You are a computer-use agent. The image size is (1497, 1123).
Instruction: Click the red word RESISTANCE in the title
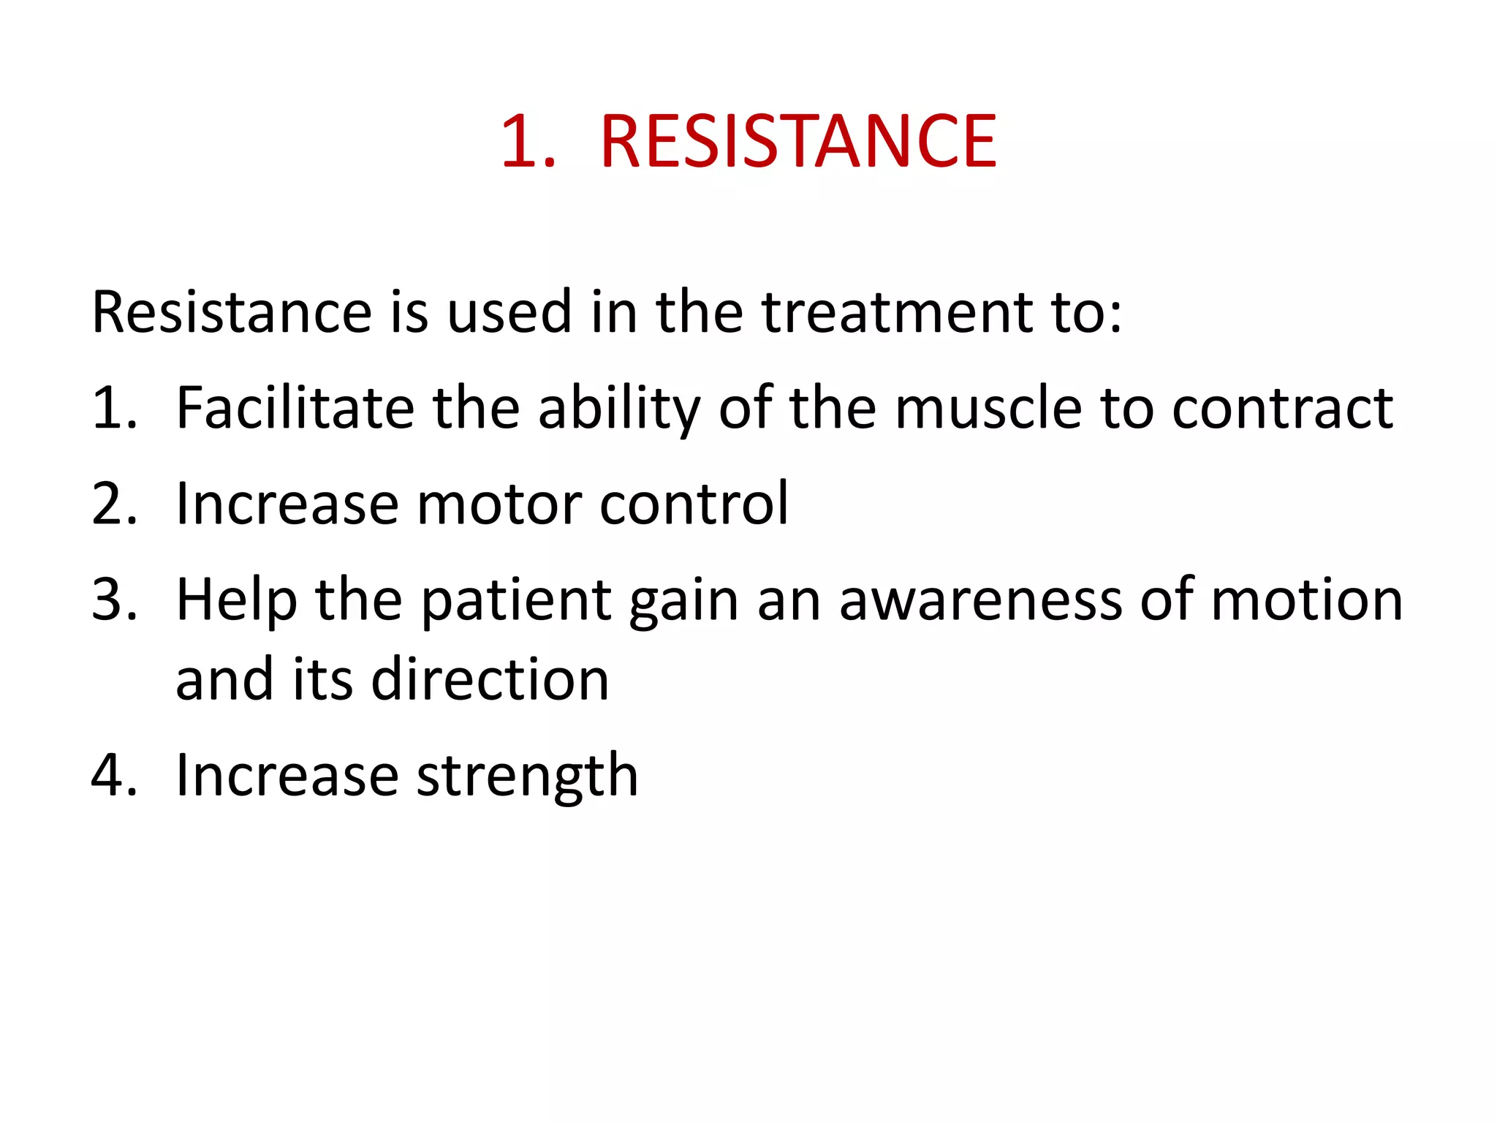tap(798, 142)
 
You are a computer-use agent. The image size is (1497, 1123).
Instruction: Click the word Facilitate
tap(295, 408)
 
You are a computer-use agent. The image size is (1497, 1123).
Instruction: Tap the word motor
tap(499, 504)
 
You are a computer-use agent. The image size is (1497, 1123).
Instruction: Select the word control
tap(694, 504)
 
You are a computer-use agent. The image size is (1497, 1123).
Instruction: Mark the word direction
tap(490, 680)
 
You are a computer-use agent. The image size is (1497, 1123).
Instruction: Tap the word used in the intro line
tap(509, 313)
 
